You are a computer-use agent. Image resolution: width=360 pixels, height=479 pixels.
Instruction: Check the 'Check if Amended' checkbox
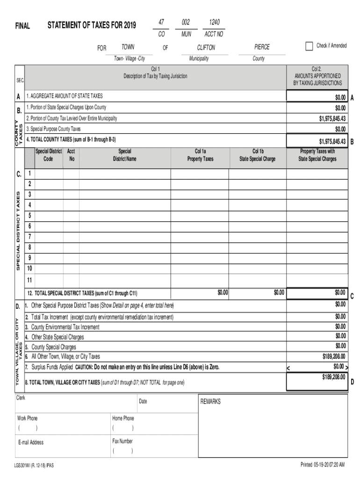coord(309,46)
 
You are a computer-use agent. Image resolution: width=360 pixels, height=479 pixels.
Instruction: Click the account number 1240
coord(213,22)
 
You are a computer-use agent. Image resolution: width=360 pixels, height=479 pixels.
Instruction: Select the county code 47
coord(161,22)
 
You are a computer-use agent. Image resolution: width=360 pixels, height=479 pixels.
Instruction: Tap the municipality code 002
coord(186,22)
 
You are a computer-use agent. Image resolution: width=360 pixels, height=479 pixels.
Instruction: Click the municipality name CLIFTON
coord(206,48)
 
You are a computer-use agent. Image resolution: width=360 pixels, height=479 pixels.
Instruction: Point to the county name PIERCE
coord(262,47)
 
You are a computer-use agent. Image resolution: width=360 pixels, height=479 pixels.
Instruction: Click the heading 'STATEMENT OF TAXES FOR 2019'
coord(92,25)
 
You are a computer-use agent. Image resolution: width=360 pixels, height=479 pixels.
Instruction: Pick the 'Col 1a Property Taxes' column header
coord(200,155)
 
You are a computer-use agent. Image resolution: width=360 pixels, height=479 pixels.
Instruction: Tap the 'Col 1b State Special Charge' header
coord(258,155)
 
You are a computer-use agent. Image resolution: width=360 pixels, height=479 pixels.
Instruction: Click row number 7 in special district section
coord(29,237)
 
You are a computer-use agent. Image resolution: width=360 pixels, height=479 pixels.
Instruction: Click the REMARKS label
coord(210,402)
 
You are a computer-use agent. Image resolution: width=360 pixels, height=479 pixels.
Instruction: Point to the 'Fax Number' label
coord(122,441)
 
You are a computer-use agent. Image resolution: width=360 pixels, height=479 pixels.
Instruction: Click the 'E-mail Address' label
coord(31,442)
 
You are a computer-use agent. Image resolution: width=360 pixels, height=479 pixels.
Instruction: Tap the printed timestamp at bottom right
coord(323,465)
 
